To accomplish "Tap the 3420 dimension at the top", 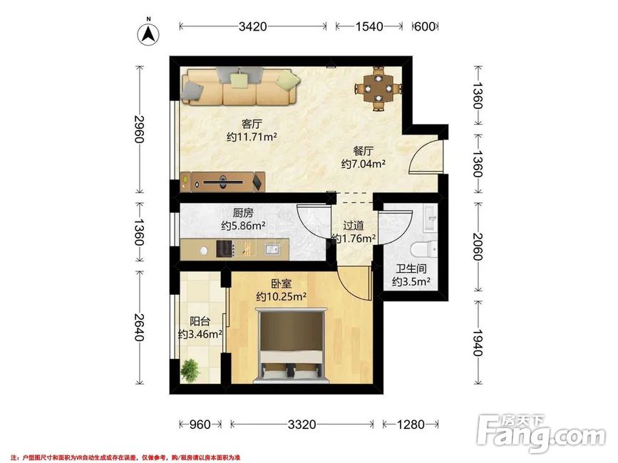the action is pyautogui.click(x=252, y=26).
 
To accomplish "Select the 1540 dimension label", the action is pyautogui.click(x=369, y=26).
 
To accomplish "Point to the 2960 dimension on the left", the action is pyautogui.click(x=139, y=129).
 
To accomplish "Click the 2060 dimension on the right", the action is pyautogui.click(x=478, y=247).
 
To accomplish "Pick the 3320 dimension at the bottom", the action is pyautogui.click(x=302, y=425).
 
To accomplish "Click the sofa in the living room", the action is pyautogui.click(x=240, y=87).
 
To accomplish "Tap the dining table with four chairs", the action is pyautogui.click(x=378, y=88).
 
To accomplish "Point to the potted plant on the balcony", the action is pyautogui.click(x=190, y=370).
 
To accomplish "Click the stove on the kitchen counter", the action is pyautogui.click(x=225, y=249).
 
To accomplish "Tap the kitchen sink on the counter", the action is pyautogui.click(x=272, y=249).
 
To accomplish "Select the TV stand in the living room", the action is pyautogui.click(x=222, y=182).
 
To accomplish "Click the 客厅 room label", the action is pyautogui.click(x=252, y=124).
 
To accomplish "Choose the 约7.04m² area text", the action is pyautogui.click(x=363, y=164).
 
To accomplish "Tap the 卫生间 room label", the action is pyautogui.click(x=411, y=269).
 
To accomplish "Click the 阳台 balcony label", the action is pyautogui.click(x=200, y=321).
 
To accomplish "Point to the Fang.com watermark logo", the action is pyautogui.click(x=540, y=433).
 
